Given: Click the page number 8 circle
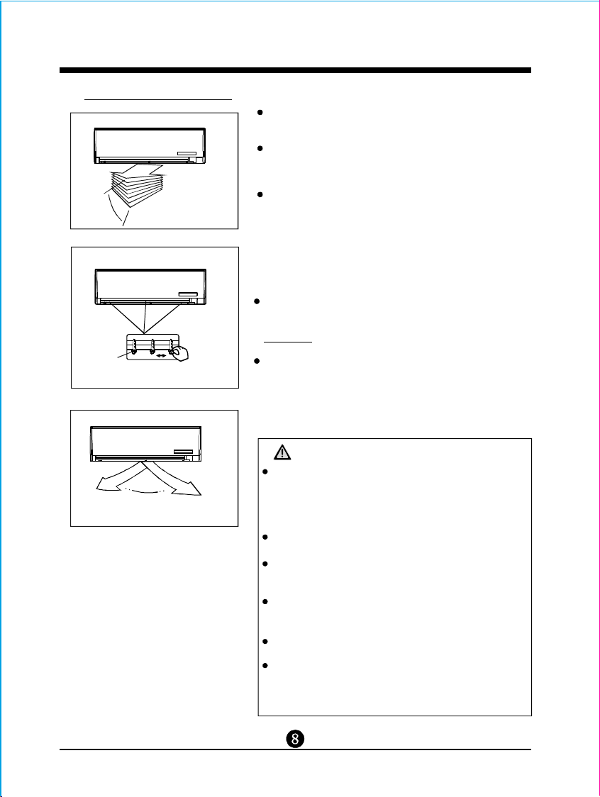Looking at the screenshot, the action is coord(295,738).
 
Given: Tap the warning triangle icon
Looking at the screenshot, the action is coord(282,452).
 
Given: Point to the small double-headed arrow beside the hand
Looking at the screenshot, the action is coord(161,355).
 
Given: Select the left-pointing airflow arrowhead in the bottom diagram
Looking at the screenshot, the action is coord(104,486).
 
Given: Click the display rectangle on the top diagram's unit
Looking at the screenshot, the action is coord(187,153).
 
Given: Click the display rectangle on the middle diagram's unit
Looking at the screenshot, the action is coord(188,294).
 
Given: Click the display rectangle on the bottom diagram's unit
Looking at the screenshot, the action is coord(183,451).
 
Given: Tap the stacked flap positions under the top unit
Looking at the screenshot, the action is coord(137,186).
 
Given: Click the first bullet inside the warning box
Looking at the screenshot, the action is coord(265,472).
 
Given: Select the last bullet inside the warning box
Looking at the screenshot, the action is coord(265,665).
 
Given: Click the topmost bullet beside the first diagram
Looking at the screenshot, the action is coord(260,112).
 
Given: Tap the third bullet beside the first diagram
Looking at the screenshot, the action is coord(260,195).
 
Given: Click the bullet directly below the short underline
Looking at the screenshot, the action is coord(257,361).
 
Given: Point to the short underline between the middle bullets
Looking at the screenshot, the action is coord(288,342).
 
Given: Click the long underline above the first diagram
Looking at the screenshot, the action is coord(158,99).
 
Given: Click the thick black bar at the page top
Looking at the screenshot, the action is coord(296,70).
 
